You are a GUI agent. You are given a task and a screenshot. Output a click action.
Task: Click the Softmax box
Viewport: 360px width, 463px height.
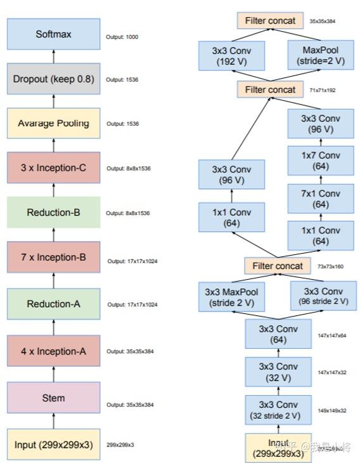click(53, 34)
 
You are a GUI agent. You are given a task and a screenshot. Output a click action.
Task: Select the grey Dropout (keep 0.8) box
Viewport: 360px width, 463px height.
click(53, 79)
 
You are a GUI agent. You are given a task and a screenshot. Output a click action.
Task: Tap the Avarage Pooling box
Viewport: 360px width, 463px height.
click(53, 123)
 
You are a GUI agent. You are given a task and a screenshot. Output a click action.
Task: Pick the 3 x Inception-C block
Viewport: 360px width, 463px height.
click(53, 168)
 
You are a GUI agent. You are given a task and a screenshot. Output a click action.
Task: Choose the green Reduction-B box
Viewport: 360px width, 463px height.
click(53, 212)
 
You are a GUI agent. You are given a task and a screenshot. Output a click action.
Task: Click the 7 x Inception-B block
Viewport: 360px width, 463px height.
click(53, 258)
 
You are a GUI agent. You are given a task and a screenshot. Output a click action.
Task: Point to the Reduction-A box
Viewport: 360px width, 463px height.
click(53, 304)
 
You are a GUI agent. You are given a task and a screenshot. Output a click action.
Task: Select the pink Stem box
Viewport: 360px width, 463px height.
click(53, 398)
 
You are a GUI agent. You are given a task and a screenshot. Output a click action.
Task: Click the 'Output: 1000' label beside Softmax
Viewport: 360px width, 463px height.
click(122, 37)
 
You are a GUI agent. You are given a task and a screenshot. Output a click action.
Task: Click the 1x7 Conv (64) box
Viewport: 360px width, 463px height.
click(320, 160)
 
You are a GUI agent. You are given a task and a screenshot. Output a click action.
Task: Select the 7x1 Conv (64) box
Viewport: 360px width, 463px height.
click(320, 199)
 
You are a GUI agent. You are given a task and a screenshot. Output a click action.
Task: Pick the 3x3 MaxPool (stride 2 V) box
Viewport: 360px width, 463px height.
click(231, 296)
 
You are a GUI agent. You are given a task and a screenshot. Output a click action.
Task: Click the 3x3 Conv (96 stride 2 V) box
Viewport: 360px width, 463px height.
click(320, 296)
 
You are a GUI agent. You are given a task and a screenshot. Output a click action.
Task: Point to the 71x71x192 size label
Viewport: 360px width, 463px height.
click(322, 91)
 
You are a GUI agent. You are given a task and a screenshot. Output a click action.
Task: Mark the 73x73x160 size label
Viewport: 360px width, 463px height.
click(330, 266)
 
